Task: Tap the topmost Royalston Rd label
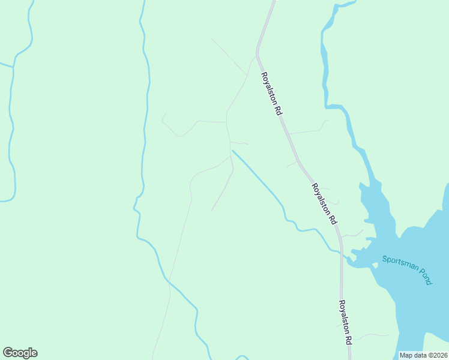tap(271, 94)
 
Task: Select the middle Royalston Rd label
tap(324, 205)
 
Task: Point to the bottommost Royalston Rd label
tap(345, 322)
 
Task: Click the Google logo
tap(20, 353)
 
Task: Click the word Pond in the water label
tap(423, 277)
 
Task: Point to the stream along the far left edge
tap(11, 120)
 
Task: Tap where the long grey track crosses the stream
tap(170, 281)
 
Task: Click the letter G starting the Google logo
tap(8, 353)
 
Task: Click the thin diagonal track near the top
tap(228, 56)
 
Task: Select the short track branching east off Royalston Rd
tap(306, 131)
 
